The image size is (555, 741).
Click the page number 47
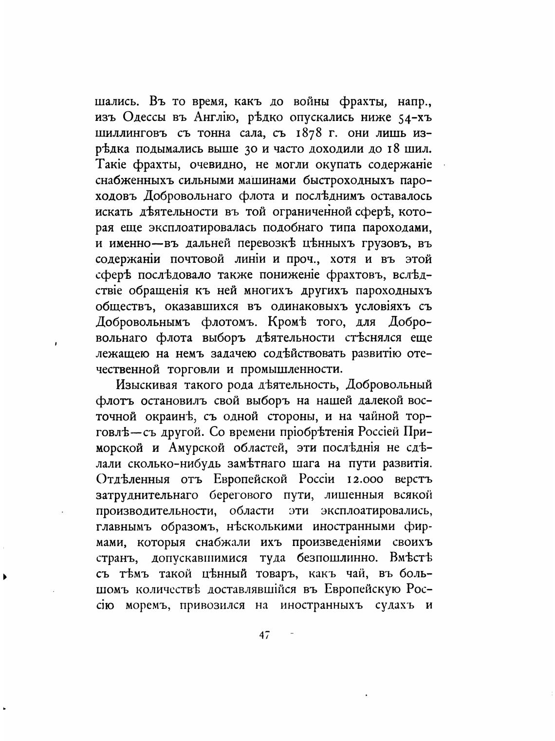(x=264, y=636)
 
